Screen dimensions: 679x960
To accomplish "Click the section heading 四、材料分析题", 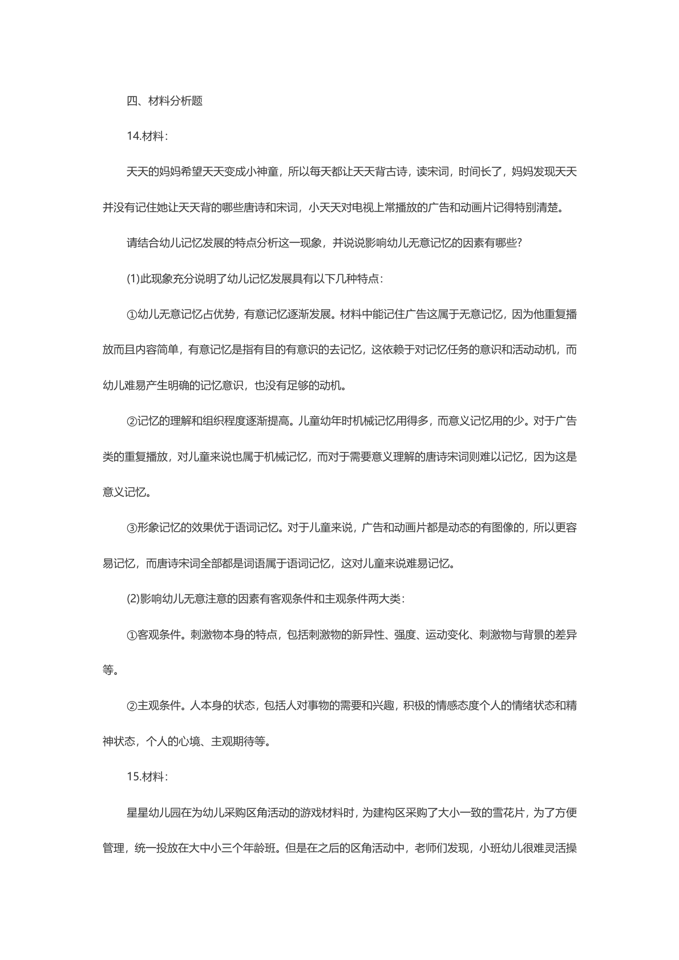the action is tap(164, 101).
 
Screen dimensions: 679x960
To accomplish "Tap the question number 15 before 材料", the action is tap(134, 776).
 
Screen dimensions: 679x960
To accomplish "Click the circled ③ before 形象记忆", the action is tap(132, 528).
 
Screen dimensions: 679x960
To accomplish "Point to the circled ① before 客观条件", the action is tap(132, 634).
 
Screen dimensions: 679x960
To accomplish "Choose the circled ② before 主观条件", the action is tap(132, 706).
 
